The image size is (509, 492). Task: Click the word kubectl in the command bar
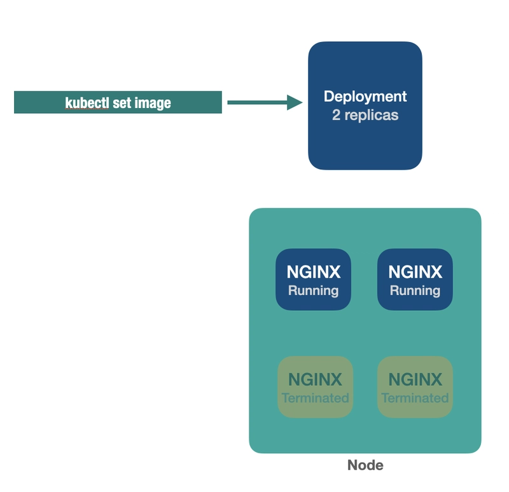(x=87, y=102)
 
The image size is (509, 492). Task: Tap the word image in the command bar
(x=152, y=102)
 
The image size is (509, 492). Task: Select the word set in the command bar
(x=122, y=102)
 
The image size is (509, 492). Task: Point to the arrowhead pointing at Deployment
(x=295, y=102)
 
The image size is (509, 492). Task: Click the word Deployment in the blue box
(x=365, y=97)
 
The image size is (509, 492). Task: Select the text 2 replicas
(x=365, y=116)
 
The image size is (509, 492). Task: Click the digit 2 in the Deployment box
(x=336, y=116)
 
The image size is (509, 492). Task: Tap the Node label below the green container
(x=365, y=465)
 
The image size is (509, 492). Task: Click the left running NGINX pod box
(x=313, y=279)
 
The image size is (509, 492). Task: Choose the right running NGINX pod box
(x=415, y=279)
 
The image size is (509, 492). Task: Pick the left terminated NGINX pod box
(x=315, y=386)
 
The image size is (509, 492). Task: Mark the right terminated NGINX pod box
(x=415, y=386)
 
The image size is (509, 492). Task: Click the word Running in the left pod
(x=313, y=291)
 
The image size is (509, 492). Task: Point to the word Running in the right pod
(x=415, y=291)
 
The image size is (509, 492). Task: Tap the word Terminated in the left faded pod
(x=315, y=399)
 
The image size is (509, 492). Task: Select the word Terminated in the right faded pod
(x=415, y=399)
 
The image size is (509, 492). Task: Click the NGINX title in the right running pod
(x=415, y=272)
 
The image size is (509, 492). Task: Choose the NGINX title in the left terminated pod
(x=315, y=380)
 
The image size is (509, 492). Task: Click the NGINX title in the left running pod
(x=313, y=272)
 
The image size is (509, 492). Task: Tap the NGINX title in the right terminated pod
(x=415, y=380)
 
